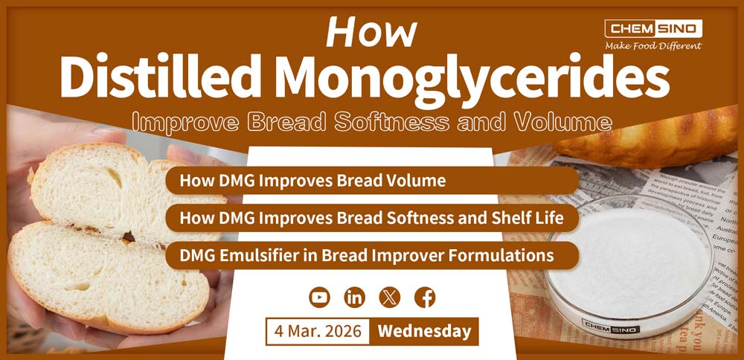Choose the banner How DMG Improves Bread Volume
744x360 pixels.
click(x=372, y=181)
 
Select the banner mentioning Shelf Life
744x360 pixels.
click(x=372, y=218)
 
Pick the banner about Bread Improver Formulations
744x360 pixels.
click(x=372, y=255)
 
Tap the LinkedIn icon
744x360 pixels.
click(x=355, y=298)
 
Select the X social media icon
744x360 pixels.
click(x=390, y=298)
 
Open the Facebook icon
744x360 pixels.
click(x=425, y=298)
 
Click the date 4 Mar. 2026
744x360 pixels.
click(x=318, y=331)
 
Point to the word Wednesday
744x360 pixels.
click(x=424, y=331)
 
